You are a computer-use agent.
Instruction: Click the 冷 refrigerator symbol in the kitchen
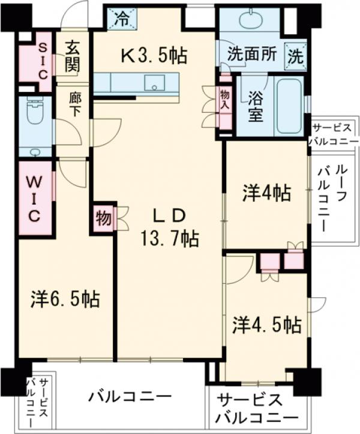122,19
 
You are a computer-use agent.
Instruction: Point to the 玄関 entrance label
72,56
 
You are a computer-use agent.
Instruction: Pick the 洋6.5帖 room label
65,298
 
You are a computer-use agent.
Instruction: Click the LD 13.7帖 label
170,228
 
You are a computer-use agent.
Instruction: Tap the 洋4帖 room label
266,193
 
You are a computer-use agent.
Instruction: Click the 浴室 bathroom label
256,106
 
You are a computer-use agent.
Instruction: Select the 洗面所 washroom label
252,53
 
